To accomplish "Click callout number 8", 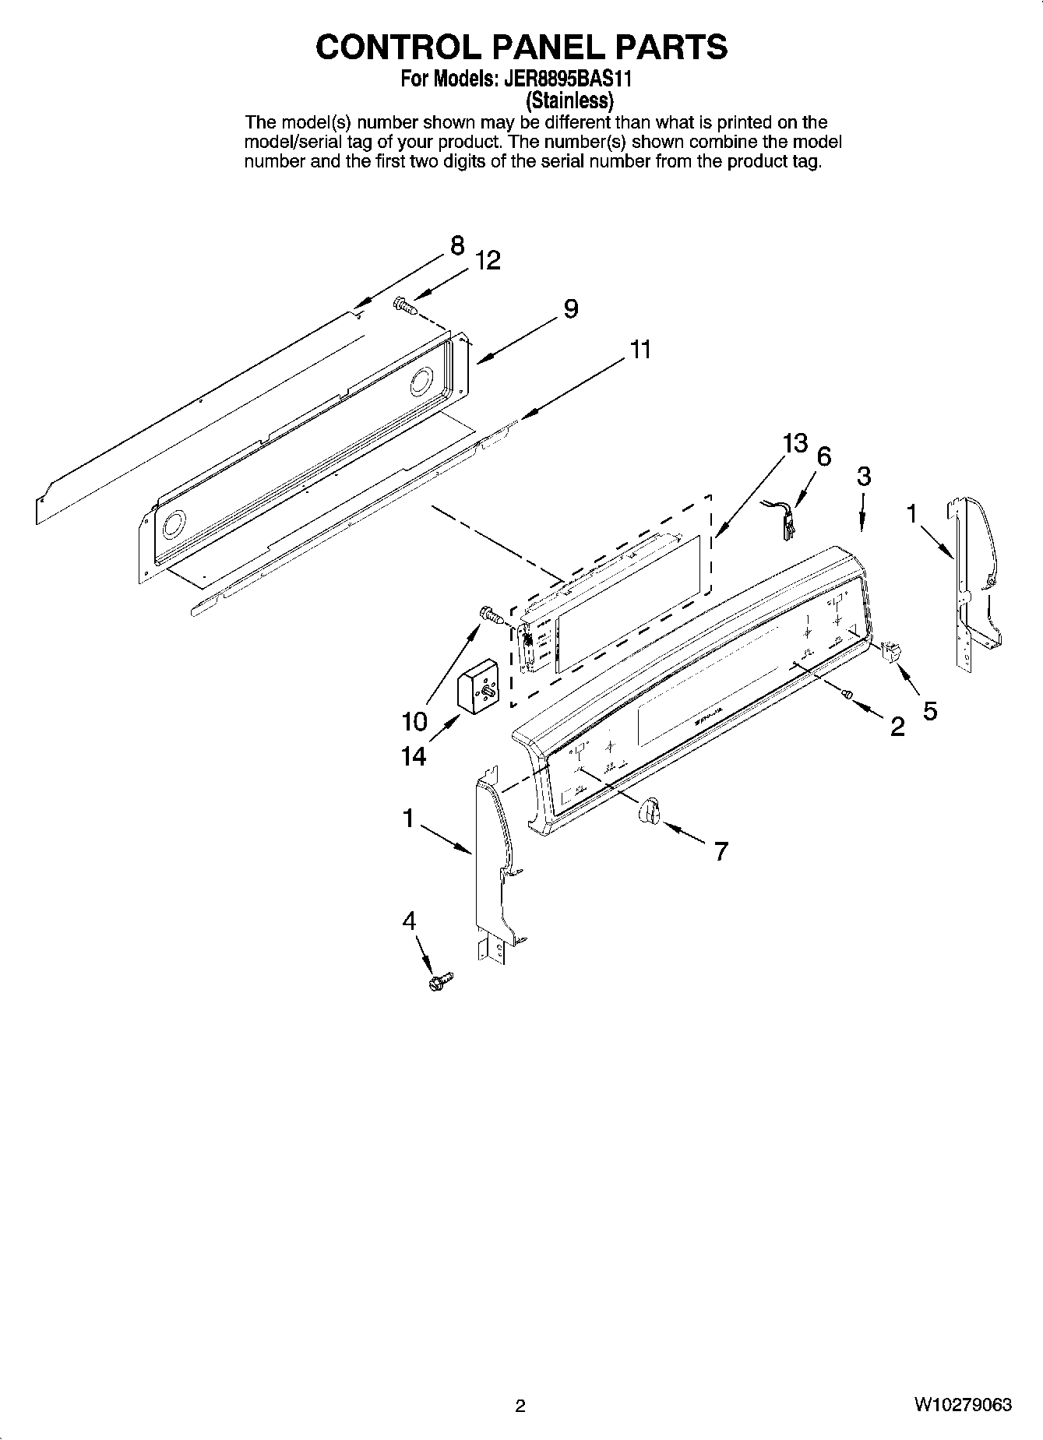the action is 456,246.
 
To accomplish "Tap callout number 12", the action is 488,261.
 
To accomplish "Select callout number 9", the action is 571,309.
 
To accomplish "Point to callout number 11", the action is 640,350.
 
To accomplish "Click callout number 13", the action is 795,444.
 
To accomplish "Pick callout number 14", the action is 414,755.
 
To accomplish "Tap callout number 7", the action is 721,852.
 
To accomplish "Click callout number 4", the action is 409,921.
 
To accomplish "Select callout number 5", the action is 929,709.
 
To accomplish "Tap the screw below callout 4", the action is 440,982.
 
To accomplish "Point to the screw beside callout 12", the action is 405,305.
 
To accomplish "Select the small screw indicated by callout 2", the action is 848,693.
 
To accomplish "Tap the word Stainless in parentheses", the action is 569,100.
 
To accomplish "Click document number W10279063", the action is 964,1405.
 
